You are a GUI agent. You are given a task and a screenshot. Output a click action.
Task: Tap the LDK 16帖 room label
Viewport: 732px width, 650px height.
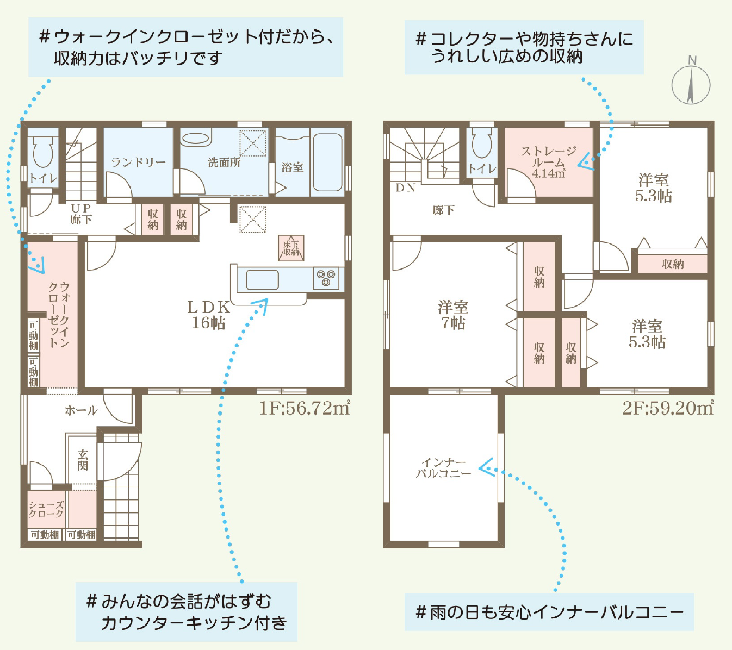tap(208, 315)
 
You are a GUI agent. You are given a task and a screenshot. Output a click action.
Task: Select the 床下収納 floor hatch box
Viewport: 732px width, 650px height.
tap(291, 248)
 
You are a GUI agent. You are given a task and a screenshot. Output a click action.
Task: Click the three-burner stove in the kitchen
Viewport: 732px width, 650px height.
tap(326, 278)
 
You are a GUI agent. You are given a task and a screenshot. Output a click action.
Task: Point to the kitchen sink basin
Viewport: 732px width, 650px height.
tap(262, 280)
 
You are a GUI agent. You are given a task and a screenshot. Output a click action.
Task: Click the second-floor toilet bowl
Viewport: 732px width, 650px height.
tap(482, 143)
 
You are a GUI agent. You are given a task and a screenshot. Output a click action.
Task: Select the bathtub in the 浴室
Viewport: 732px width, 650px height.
tap(327, 162)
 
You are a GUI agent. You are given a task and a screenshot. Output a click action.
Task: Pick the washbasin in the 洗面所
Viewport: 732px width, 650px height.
tap(195, 138)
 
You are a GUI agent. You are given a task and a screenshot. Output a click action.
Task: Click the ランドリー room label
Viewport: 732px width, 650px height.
tap(138, 162)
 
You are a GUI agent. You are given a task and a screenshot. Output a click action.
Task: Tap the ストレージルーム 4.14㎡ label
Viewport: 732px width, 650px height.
tap(549, 162)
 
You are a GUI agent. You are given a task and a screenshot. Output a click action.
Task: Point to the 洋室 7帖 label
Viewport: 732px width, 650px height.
tap(453, 315)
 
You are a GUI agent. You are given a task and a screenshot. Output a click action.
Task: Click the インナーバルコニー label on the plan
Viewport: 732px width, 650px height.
tap(444, 468)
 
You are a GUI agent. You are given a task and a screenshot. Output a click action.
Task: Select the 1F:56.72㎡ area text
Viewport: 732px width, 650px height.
tap(305, 408)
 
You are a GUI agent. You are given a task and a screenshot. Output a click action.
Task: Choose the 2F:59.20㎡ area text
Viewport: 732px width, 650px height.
tap(668, 408)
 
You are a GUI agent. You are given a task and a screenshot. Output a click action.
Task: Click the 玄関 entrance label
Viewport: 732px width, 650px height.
tap(83, 460)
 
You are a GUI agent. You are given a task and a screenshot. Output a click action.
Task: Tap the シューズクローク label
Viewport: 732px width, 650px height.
tap(46, 510)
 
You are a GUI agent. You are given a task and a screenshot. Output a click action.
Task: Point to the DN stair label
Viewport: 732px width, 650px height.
tap(405, 187)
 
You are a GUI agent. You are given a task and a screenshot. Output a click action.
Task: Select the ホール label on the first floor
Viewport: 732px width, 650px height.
tap(81, 410)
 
